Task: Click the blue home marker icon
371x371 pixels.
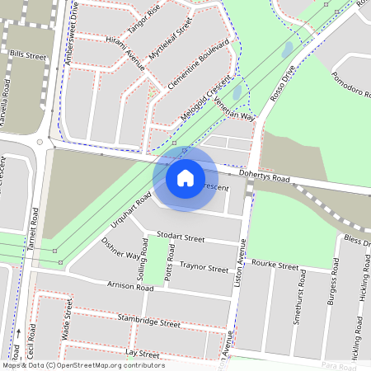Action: click(x=185, y=177)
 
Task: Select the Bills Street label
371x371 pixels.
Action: click(x=27, y=56)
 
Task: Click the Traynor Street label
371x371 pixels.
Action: click(x=204, y=268)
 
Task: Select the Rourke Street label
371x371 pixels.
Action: click(x=275, y=266)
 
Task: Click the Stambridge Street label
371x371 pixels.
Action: click(x=148, y=321)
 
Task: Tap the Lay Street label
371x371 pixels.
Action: click(x=142, y=352)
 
